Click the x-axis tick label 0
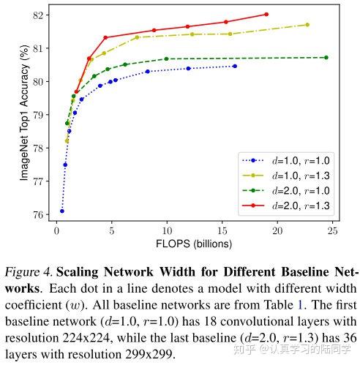click(x=57, y=232)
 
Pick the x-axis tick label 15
click(x=222, y=232)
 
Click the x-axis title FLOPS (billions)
click(x=195, y=244)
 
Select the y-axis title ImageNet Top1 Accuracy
click(x=24, y=116)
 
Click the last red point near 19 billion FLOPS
click(x=266, y=14)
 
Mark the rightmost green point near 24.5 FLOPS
click(x=326, y=57)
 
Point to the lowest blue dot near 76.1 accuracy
click(x=62, y=211)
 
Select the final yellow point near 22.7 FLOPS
click(x=307, y=25)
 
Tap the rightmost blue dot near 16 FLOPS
click(x=235, y=66)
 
